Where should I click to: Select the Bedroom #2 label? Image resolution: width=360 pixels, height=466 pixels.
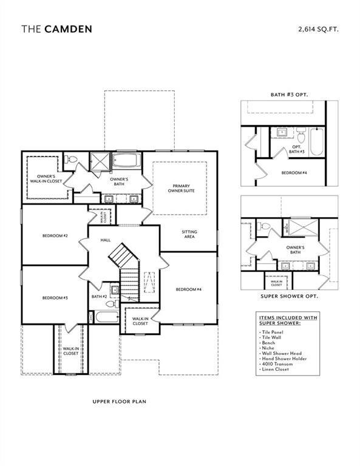[55, 235]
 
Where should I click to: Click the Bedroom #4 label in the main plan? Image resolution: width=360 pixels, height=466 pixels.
[189, 289]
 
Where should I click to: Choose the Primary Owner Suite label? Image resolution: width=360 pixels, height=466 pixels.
[182, 188]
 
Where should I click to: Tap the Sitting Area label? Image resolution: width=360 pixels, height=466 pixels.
[189, 235]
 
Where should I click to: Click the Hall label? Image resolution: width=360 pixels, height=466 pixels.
[105, 240]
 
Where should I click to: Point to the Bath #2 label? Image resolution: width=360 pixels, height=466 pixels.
[99, 297]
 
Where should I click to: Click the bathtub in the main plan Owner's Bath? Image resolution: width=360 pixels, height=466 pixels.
[126, 163]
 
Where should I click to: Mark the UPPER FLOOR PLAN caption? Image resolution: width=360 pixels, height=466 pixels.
[120, 401]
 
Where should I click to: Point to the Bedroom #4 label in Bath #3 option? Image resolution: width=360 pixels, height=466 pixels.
[294, 173]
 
